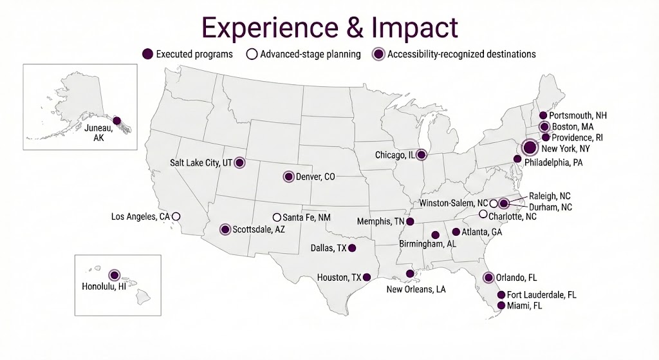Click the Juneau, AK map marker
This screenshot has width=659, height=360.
[x=116, y=120]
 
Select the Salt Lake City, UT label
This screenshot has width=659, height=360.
[x=201, y=163]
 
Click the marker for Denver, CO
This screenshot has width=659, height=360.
[x=288, y=176]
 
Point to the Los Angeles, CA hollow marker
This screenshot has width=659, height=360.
[x=176, y=216]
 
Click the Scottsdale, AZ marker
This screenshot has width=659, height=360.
[x=225, y=229]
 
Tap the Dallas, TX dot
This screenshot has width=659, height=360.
[x=351, y=248]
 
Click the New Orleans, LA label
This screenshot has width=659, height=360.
[x=416, y=289]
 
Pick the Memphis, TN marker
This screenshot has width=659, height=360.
[x=410, y=222]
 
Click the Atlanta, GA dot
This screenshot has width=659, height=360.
[x=456, y=232]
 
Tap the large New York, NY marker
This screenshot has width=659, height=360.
[x=529, y=148]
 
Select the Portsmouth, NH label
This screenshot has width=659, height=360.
[x=579, y=115]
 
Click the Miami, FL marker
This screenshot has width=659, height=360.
[x=501, y=306]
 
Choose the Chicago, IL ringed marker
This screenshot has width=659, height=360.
[x=421, y=155]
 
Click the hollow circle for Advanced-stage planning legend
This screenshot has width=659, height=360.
[x=252, y=54]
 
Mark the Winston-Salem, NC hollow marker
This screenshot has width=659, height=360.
[x=493, y=203]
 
